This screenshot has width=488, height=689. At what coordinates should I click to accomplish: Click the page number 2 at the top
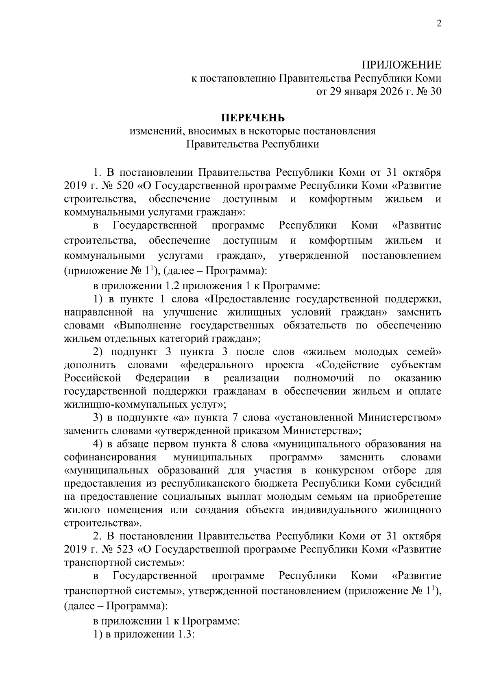click(x=438, y=24)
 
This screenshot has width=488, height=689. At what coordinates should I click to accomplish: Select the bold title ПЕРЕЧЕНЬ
click(x=253, y=118)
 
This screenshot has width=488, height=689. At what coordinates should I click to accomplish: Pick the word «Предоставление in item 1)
click(x=248, y=299)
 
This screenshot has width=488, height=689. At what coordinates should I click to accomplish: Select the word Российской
click(x=93, y=378)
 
